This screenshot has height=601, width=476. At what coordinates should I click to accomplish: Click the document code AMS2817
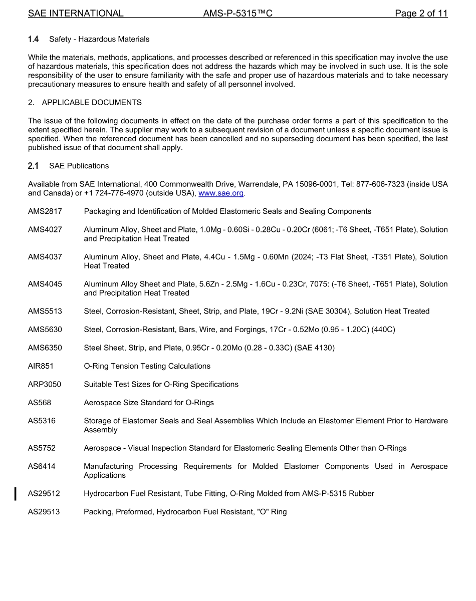45,211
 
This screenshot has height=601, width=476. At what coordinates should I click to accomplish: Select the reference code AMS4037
45,257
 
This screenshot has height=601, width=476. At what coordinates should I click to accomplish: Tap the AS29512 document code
44,494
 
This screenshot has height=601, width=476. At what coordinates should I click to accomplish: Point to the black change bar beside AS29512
16,494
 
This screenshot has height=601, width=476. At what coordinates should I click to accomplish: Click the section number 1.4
34,39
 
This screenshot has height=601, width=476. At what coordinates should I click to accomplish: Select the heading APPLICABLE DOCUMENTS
92,103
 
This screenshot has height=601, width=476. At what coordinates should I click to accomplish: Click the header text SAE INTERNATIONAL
76,14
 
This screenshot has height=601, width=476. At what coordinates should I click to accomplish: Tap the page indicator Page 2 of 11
421,14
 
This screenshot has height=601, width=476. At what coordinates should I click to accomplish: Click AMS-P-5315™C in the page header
237,14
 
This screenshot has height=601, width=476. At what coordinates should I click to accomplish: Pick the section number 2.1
34,166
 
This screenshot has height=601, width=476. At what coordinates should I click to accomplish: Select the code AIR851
41,366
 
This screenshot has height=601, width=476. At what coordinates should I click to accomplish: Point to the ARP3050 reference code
44,385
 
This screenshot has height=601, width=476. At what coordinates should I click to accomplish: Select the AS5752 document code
42,448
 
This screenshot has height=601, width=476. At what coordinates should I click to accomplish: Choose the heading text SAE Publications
79,166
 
